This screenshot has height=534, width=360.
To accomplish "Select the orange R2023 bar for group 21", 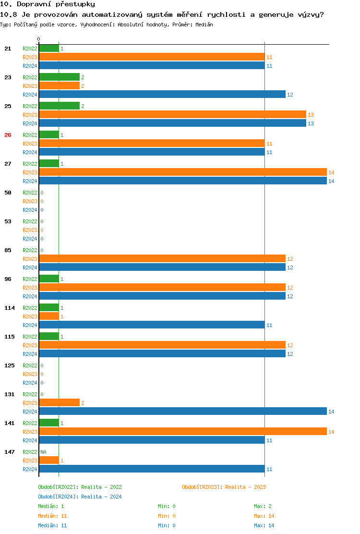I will coord(152,57).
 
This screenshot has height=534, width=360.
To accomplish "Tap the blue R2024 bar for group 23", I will coord(162,95).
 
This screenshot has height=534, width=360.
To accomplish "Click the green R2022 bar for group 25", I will coord(59,106).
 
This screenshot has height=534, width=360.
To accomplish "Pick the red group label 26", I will coord(8,135).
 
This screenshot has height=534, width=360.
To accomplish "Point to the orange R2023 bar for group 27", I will coord(183,172).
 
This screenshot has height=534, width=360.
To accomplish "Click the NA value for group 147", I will coord(43,452).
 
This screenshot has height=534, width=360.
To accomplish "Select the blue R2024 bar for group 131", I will coord(183,412).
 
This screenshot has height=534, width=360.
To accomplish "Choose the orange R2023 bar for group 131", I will coord(59,403).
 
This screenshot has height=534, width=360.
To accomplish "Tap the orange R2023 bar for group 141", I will coord(183,432).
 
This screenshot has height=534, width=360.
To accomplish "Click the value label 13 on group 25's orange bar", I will coord(311,115).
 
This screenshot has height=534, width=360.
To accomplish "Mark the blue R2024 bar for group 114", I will coord(152,325).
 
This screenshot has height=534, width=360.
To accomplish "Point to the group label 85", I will coord(8,250).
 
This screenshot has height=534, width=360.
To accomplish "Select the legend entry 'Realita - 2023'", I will coord(224,487).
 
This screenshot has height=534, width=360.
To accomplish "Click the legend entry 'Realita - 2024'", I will coord(80,497).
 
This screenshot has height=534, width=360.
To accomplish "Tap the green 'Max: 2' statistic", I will coord(263,506).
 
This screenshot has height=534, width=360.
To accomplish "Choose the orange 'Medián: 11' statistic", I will coord(52,516).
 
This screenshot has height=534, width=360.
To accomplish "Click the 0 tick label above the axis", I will coord(39,39).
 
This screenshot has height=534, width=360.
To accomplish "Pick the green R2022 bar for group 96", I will coord(49,279).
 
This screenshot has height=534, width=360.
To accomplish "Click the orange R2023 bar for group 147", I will coord(49,461).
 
